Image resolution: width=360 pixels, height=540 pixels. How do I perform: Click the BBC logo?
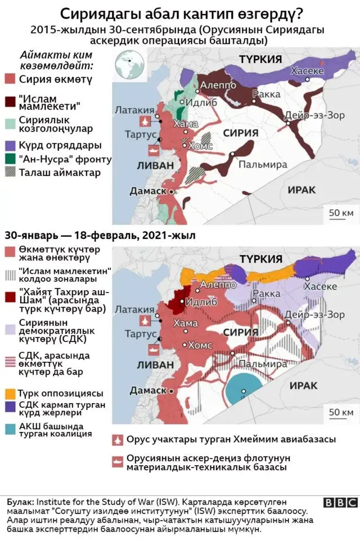click(340, 503)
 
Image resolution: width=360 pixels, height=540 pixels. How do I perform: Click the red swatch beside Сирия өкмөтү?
click(9, 79)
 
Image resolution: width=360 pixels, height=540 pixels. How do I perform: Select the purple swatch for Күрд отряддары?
click(9, 145)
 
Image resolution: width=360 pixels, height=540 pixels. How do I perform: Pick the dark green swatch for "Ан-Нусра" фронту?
click(9, 159)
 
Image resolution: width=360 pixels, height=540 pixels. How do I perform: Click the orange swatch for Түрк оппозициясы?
click(9, 393)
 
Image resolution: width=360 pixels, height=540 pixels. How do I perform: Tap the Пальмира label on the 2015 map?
click(263, 164)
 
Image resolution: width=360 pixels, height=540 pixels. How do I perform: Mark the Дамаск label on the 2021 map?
click(148, 390)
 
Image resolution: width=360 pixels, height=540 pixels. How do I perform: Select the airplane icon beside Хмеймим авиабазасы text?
click(118, 439)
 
